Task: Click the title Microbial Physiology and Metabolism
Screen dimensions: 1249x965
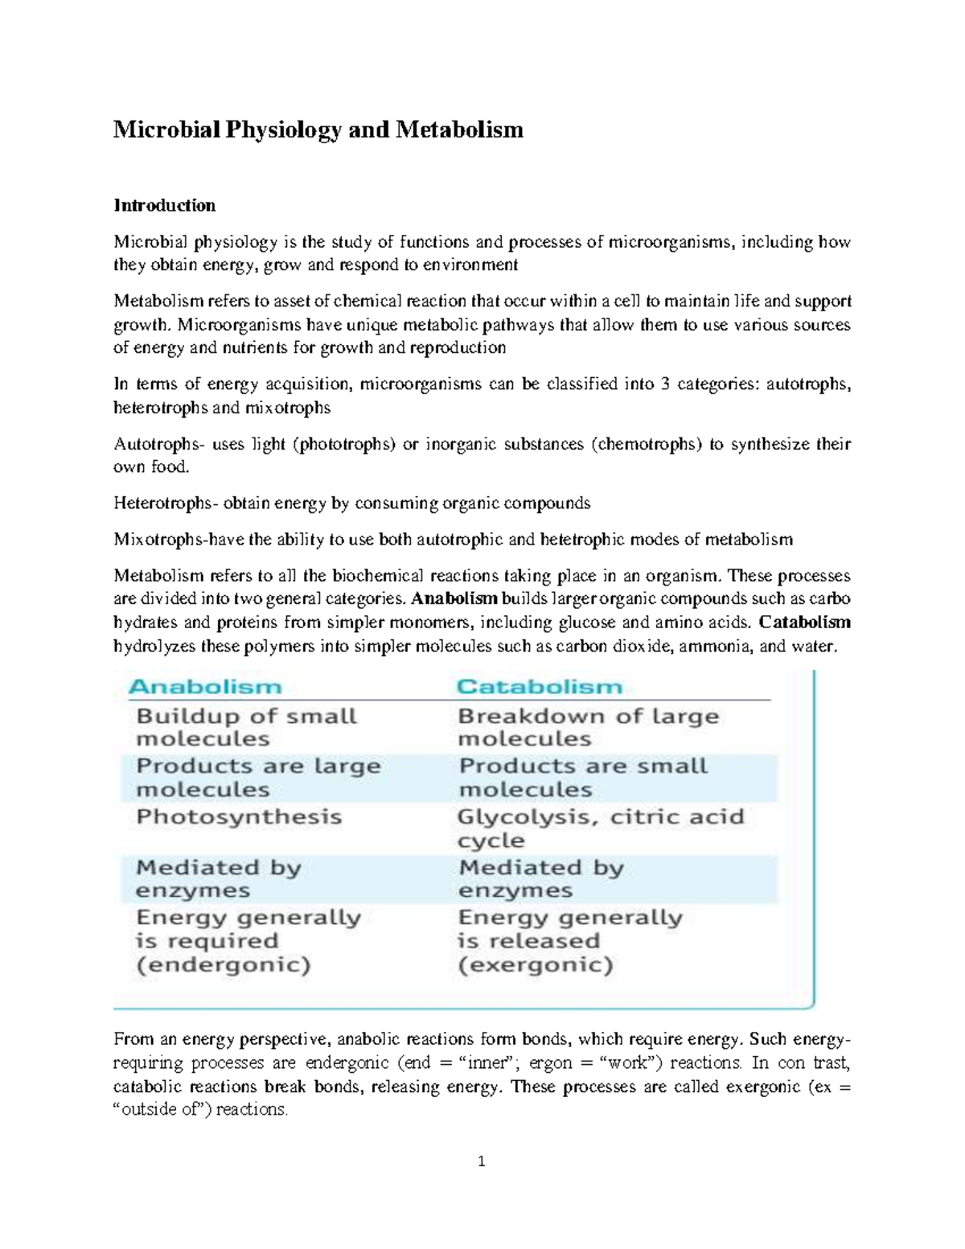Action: tap(318, 129)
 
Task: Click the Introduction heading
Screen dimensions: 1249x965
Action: tap(164, 205)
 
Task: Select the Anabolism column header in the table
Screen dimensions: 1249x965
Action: tap(205, 687)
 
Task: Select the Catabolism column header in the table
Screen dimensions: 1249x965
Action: tap(540, 687)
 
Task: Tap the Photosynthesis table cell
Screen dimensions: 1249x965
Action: tap(239, 817)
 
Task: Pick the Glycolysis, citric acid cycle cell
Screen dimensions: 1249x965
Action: tap(600, 828)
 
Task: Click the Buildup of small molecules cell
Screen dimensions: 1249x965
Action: tap(246, 727)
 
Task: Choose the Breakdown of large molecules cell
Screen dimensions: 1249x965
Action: tap(588, 727)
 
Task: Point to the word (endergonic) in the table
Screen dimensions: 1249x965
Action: tap(223, 965)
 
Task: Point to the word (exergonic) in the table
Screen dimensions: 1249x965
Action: tap(535, 965)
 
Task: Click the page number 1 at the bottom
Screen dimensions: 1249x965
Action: tap(482, 1161)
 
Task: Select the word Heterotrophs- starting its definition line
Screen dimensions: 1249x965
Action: tap(165, 503)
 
